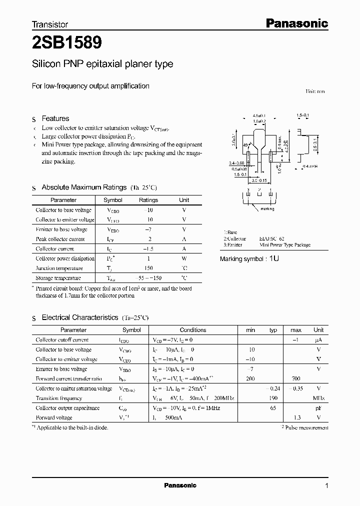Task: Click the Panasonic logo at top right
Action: [x=296, y=23]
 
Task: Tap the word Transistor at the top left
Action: [x=49, y=24]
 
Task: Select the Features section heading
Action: [x=55, y=118]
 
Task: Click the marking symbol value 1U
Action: [x=274, y=258]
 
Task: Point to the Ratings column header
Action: [x=148, y=200]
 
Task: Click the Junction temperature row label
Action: [x=60, y=268]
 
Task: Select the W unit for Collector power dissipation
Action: [x=184, y=258]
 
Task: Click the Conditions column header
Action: [x=193, y=330]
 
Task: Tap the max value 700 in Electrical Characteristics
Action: [x=295, y=379]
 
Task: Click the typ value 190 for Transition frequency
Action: [x=273, y=398]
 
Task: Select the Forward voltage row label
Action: [x=54, y=417]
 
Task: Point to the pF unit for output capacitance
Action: [x=318, y=408]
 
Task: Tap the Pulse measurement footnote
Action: [x=304, y=427]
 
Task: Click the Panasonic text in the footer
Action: [x=180, y=485]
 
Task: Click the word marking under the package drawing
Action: [x=267, y=209]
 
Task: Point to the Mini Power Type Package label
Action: [x=285, y=245]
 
